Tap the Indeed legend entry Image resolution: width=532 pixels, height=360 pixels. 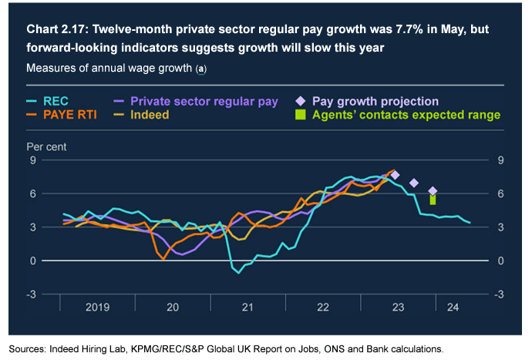click(150, 114)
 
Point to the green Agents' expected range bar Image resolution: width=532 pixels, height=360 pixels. click(433, 199)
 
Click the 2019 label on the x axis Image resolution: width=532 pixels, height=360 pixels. click(98, 307)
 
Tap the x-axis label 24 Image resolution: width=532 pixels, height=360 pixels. click(453, 307)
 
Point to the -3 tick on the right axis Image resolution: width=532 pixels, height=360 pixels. click(502, 294)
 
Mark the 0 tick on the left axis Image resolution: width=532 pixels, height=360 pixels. click(33, 261)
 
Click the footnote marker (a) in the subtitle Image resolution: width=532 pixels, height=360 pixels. click(201, 69)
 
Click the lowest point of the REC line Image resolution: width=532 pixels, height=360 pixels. click(238, 272)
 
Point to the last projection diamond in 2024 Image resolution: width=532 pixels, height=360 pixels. click(433, 190)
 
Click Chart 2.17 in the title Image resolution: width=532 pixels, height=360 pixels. click(56, 30)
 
